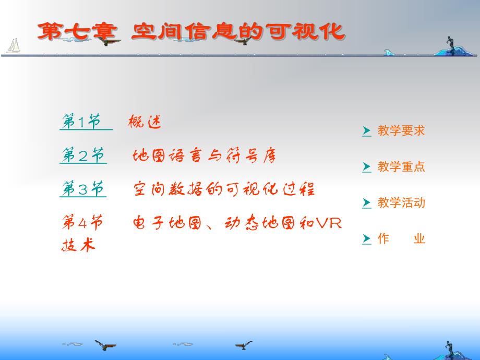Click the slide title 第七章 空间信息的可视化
[x=190, y=31]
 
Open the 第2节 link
[x=83, y=156]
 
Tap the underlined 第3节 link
[x=83, y=189]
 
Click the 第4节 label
[x=82, y=223]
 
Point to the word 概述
[x=145, y=123]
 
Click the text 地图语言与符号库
[x=204, y=156]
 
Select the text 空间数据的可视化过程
[x=224, y=189]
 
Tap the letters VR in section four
[x=329, y=223]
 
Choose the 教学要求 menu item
[x=401, y=131]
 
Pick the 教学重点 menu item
[x=401, y=167]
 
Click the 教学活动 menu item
[x=401, y=203]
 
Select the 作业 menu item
[x=401, y=239]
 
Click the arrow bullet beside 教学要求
[x=366, y=131]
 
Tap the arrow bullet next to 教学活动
[x=366, y=203]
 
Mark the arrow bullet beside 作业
[x=366, y=239]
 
